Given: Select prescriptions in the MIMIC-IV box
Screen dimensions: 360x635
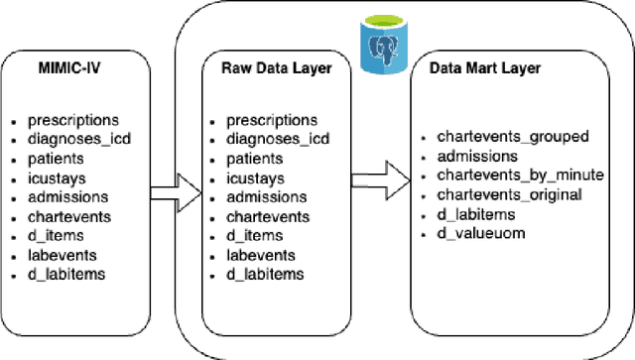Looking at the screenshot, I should click(x=75, y=119).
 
